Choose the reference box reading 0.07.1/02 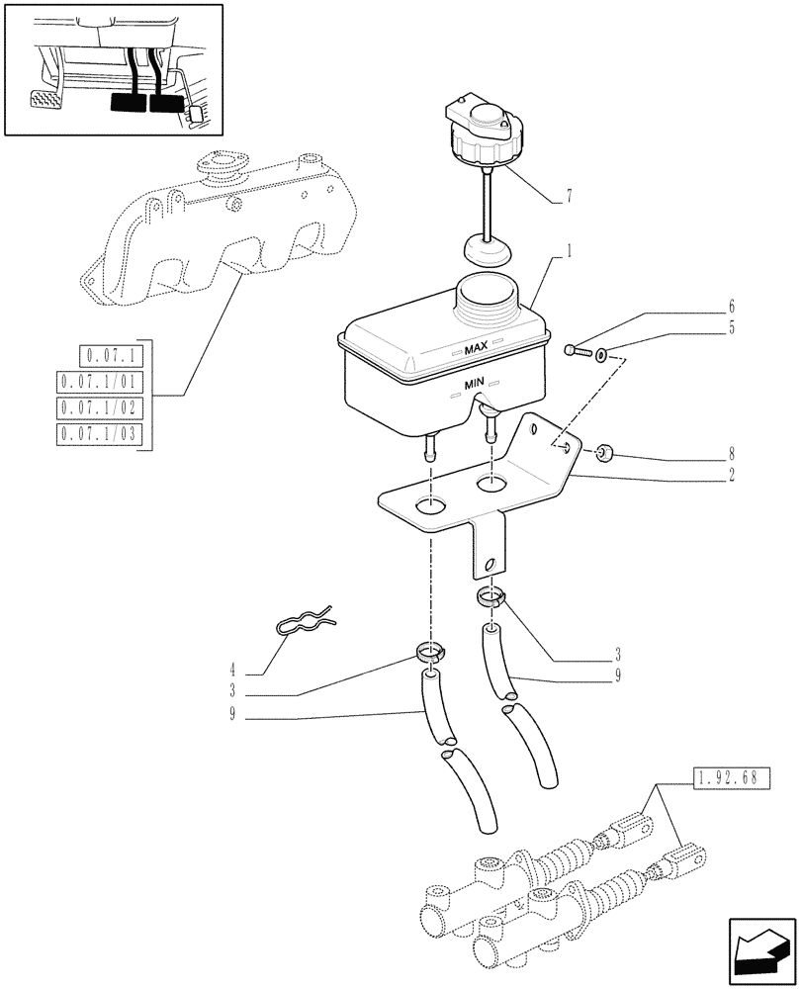101,406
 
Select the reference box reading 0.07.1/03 101,433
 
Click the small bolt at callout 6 577,349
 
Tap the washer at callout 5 602,352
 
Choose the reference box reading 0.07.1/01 101,381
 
